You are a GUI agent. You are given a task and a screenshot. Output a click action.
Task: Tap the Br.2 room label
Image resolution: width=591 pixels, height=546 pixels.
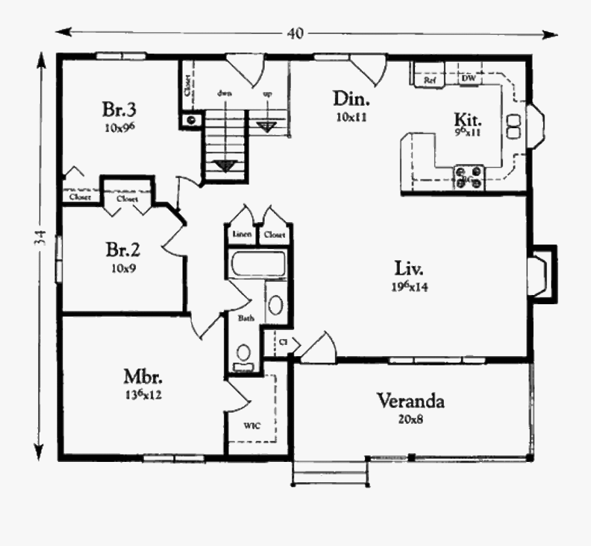coord(123,250)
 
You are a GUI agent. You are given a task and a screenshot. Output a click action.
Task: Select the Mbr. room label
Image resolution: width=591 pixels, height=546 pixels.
coord(143,378)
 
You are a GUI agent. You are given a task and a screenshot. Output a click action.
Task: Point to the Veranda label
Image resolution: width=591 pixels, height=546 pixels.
coord(410,401)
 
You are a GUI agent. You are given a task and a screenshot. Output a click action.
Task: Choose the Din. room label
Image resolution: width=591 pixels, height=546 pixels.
coord(353,100)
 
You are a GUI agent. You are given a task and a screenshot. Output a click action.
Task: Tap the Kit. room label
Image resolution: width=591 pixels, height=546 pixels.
coord(469,120)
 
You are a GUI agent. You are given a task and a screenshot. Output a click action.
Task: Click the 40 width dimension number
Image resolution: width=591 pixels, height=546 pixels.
coord(295,34)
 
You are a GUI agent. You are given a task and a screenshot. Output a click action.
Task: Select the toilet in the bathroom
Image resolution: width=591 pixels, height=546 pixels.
coord(244,356)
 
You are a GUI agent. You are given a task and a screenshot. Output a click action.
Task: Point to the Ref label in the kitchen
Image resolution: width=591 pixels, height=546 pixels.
coord(430,80)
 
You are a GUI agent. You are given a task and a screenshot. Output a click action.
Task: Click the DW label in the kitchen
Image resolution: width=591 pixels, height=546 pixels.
coord(468,79)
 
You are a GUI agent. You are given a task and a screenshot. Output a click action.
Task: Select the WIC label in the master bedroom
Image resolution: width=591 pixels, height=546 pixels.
coord(252,425)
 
